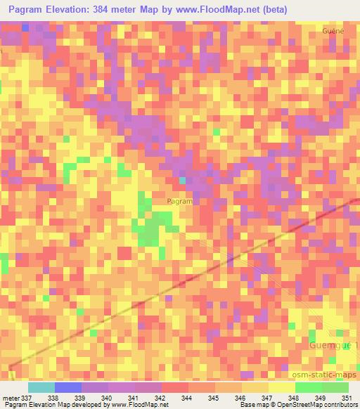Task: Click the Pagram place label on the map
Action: (181, 201)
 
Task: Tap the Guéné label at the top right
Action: (333, 32)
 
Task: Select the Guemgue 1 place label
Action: (333, 346)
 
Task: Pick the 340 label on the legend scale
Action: (105, 397)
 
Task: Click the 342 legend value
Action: (160, 397)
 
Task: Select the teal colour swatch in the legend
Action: (41, 387)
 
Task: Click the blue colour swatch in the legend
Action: (68, 387)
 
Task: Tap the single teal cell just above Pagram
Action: (182, 181)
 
